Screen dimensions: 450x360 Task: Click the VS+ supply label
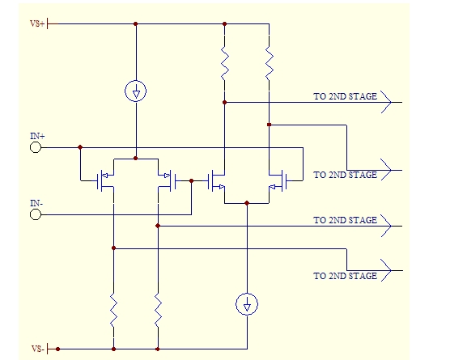click(x=37, y=23)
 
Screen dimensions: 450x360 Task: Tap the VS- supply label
click(x=38, y=349)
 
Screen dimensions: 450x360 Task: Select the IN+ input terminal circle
click(x=36, y=147)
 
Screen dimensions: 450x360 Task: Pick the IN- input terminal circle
click(x=36, y=214)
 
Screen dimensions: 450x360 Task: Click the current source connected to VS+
click(x=135, y=91)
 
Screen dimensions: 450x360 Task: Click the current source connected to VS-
click(x=247, y=304)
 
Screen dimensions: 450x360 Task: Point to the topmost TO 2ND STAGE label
click(x=345, y=96)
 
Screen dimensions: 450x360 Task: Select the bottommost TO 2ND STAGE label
click(x=345, y=276)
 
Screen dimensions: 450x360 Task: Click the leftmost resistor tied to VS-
click(x=113, y=310)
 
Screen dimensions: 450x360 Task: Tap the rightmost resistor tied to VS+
click(x=270, y=63)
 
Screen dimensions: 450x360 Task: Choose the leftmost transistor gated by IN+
click(x=104, y=180)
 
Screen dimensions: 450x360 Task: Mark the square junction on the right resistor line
click(x=269, y=125)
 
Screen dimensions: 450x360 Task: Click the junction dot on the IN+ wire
click(x=80, y=147)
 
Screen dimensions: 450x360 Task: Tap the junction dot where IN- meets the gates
click(x=192, y=180)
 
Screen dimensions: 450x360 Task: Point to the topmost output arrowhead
click(x=386, y=102)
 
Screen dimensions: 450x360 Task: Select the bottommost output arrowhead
click(x=386, y=270)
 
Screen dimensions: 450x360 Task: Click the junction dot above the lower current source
click(x=247, y=203)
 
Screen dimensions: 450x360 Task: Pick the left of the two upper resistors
click(x=225, y=63)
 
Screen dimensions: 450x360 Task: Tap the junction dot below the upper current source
click(x=135, y=158)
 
